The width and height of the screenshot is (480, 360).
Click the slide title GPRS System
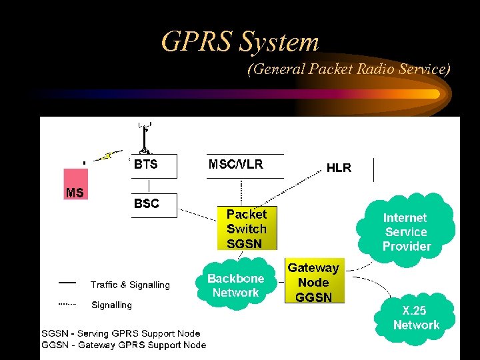(x=240, y=42)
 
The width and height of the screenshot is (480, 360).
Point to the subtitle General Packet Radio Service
(x=349, y=69)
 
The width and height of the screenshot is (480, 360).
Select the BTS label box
(x=154, y=166)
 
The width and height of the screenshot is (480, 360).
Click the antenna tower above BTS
(x=145, y=137)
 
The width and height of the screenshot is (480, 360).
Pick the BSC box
(x=154, y=205)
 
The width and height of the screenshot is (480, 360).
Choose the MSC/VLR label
(x=236, y=165)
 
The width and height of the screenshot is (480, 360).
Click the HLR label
(x=339, y=168)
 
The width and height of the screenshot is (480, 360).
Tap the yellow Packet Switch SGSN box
(x=246, y=229)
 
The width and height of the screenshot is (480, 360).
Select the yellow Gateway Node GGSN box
(x=314, y=281)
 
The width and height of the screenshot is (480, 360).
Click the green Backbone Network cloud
(x=235, y=285)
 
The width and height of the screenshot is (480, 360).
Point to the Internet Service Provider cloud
(x=406, y=231)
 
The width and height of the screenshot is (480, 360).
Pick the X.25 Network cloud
(x=416, y=318)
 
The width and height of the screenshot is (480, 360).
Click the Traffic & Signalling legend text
(x=130, y=285)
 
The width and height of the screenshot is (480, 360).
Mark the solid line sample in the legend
(x=67, y=283)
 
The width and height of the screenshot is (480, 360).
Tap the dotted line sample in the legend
(x=67, y=304)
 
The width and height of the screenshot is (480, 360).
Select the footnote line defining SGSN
(x=121, y=333)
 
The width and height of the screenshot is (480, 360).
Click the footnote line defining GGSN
(x=124, y=345)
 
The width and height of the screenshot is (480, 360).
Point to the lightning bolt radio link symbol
(x=106, y=157)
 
